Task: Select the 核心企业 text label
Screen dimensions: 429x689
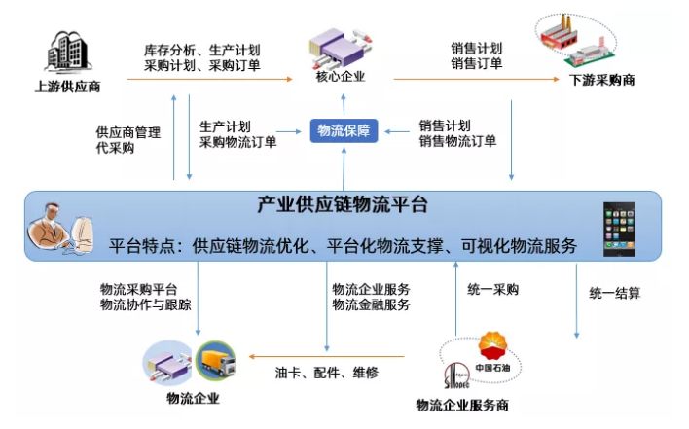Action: click(x=341, y=77)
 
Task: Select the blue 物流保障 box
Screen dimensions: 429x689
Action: click(x=344, y=131)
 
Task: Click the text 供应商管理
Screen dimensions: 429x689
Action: click(x=127, y=132)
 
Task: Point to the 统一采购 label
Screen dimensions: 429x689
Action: click(x=493, y=289)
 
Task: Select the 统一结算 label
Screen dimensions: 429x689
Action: click(x=615, y=291)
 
